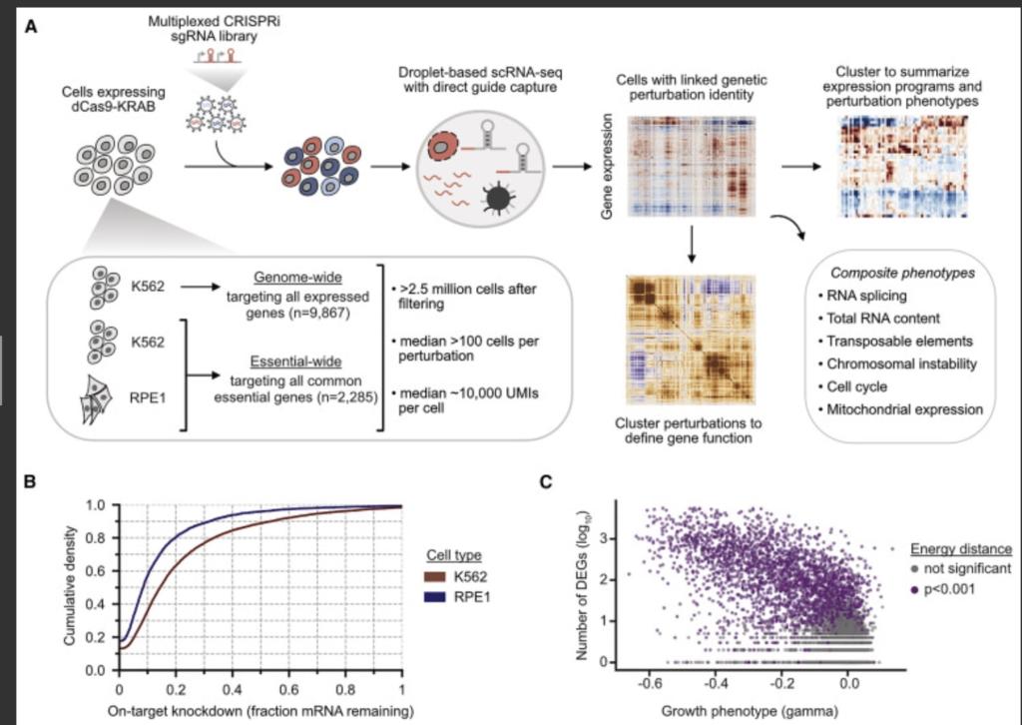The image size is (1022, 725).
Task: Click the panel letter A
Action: click(x=32, y=28)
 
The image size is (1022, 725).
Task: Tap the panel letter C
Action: click(x=546, y=482)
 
